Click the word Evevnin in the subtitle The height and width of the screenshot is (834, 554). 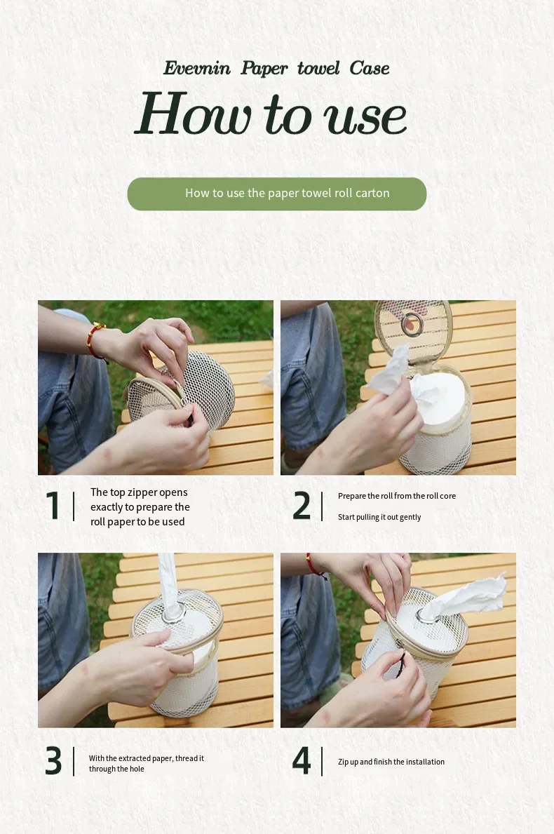coord(197,68)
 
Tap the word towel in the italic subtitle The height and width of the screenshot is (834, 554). coord(318,68)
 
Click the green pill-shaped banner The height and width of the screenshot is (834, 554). coord(276,194)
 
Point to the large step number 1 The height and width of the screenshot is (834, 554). coord(53,505)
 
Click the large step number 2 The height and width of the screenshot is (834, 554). coord(302,505)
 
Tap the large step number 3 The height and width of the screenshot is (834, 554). coord(53,760)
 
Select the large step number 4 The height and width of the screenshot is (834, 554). coord(302,760)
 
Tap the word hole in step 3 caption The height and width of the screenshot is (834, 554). coord(137,769)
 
